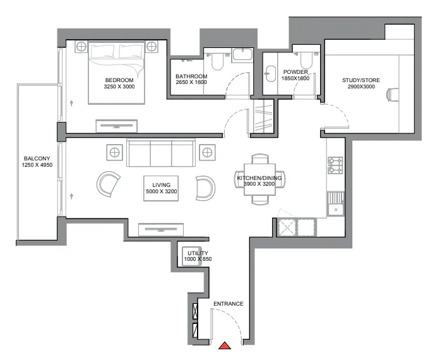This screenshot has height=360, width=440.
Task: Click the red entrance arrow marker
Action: pyautogui.click(x=225, y=345)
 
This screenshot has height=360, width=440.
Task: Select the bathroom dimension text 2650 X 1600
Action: pyautogui.click(x=191, y=83)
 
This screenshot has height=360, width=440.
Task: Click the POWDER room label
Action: pyautogui.click(x=295, y=72)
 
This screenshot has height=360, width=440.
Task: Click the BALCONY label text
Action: pyautogui.click(x=33, y=159)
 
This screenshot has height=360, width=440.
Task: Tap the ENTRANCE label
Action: pyautogui.click(x=228, y=304)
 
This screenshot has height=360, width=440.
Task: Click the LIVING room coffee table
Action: pyautogui.click(x=160, y=187)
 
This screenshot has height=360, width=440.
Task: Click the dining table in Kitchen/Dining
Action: pyautogui.click(x=259, y=179)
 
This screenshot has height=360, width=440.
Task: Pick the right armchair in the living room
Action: pyautogui.click(x=205, y=187)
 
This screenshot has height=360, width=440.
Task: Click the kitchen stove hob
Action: pyautogui.click(x=335, y=166)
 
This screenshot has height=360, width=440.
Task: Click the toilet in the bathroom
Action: pyautogui.click(x=217, y=61)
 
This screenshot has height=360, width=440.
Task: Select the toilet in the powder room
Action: pyautogui.click(x=306, y=60)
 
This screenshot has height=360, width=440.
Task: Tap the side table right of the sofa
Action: pyautogui.click(x=207, y=152)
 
